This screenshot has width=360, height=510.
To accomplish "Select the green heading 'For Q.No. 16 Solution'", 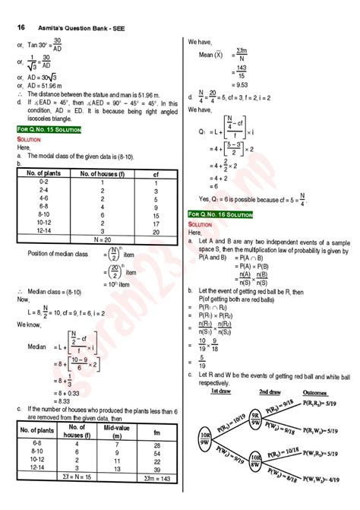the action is (x=221, y=216).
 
